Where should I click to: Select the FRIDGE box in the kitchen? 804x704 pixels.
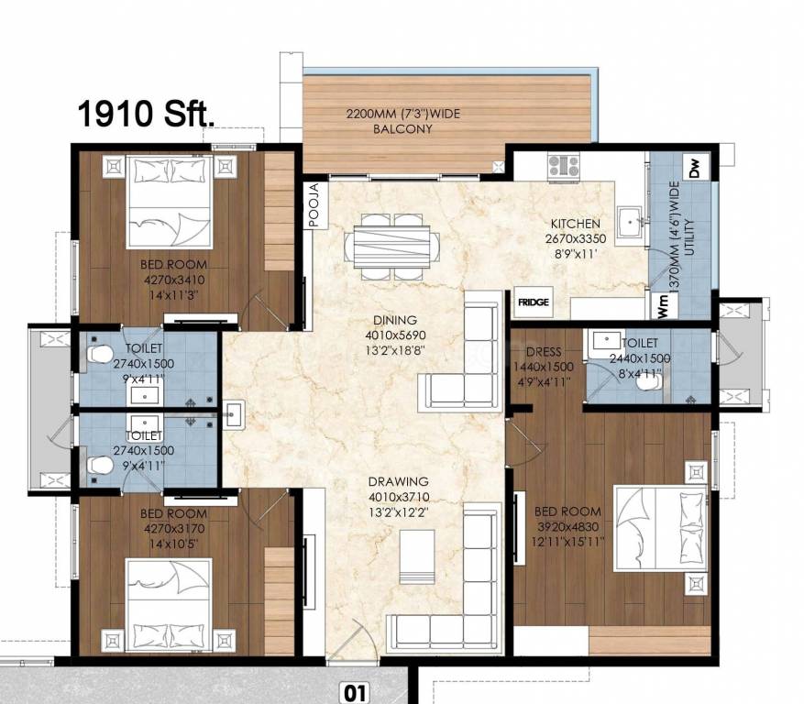click(x=533, y=302)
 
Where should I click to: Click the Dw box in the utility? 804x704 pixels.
click(x=694, y=169)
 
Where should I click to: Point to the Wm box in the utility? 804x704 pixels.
click(x=661, y=305)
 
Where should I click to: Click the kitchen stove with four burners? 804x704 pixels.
click(x=563, y=165)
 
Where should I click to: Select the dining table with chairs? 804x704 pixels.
click(x=386, y=246)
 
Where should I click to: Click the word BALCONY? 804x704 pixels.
click(x=402, y=129)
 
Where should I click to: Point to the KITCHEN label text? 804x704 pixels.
click(x=575, y=224)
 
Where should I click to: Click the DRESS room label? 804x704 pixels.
click(x=544, y=352)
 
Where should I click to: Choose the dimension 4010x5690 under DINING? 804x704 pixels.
click(x=394, y=335)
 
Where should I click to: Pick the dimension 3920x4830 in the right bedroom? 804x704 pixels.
click(x=567, y=525)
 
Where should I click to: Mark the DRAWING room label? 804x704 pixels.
click(x=398, y=481)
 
